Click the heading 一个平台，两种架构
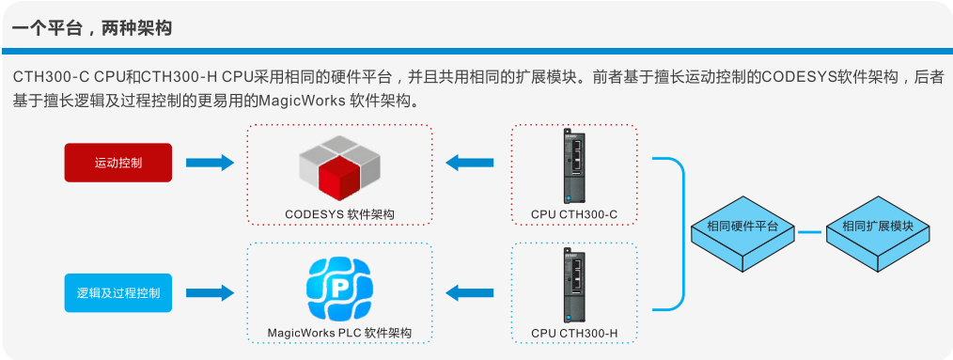tap(92, 28)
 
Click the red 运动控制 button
tap(118, 163)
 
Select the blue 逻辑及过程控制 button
tap(118, 292)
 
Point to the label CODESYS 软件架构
tap(339, 214)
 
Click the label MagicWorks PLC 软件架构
tap(339, 333)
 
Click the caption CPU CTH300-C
tap(573, 214)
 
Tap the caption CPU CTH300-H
tap(573, 333)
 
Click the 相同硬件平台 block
tap(742, 232)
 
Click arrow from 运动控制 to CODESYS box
tap(209, 163)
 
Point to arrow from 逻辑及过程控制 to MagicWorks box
tap(209, 292)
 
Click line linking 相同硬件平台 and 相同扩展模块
tap(810, 231)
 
